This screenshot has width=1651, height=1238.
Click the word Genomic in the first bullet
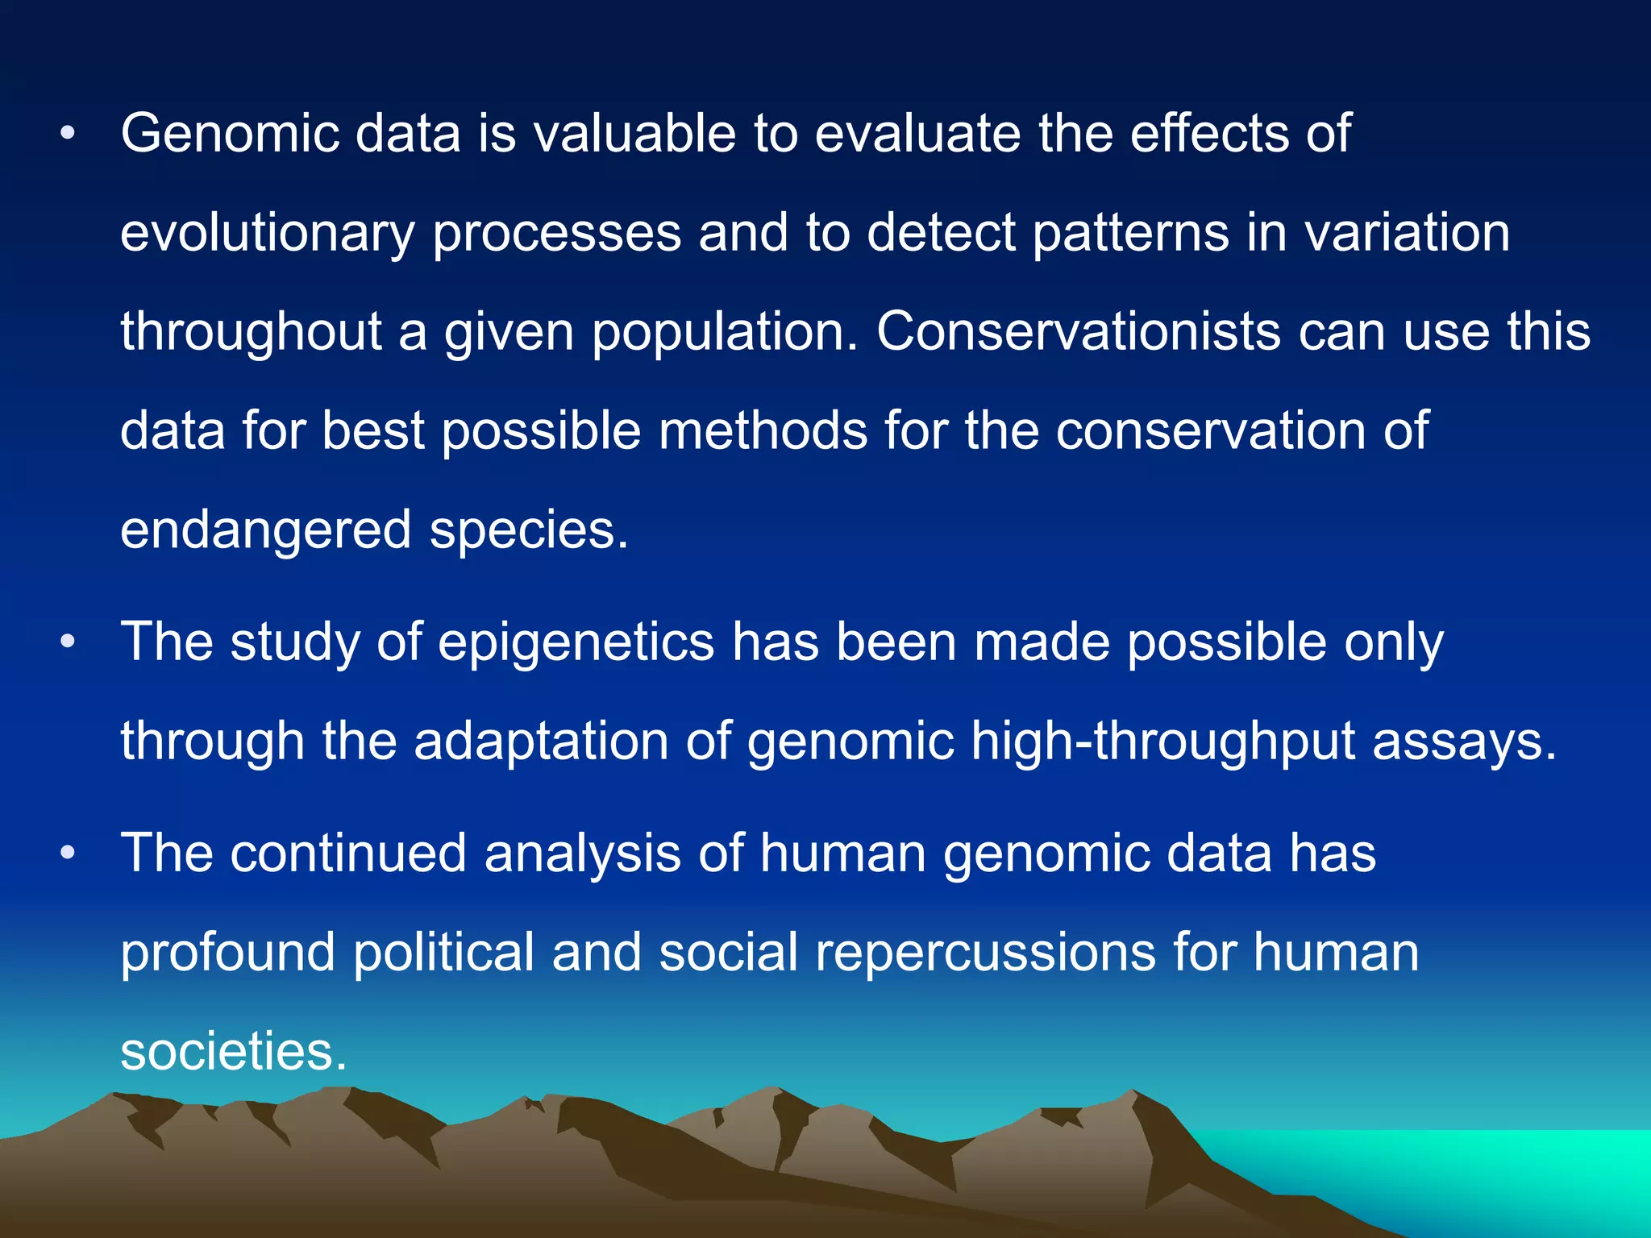coord(230,133)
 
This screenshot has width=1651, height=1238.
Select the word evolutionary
coord(268,233)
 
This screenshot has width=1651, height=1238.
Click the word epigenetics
coord(576,643)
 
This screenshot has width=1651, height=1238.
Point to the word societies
coord(233,1051)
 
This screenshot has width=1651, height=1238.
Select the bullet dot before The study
coord(68,643)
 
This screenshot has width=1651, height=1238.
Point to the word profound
coord(227,952)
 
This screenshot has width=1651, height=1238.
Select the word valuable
coord(634,133)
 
